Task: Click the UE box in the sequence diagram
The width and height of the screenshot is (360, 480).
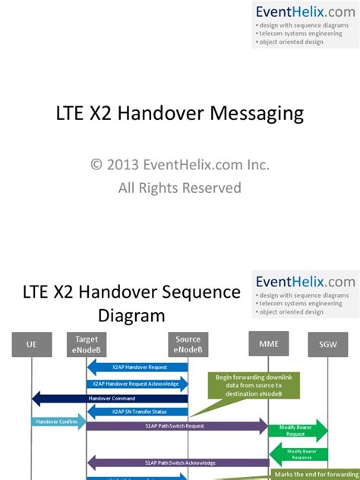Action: tap(31, 345)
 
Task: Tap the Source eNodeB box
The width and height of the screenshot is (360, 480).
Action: tap(188, 344)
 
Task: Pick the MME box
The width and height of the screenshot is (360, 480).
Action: tap(268, 344)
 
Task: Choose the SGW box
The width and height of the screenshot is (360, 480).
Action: tap(328, 345)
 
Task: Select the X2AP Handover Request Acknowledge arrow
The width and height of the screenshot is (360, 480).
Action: tap(137, 384)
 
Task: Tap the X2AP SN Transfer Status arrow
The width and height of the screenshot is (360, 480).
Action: tap(137, 412)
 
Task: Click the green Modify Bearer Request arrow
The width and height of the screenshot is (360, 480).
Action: tap(297, 431)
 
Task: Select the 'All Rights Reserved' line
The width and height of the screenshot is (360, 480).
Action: tap(180, 187)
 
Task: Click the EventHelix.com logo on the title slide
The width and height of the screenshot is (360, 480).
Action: tap(305, 11)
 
